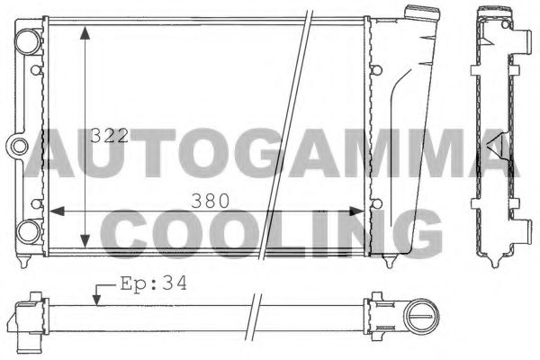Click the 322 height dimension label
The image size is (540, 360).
(110, 138)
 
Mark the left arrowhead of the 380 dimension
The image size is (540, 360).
(53, 212)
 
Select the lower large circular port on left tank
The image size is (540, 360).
(28, 230)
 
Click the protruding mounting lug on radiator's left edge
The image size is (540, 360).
(17, 145)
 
